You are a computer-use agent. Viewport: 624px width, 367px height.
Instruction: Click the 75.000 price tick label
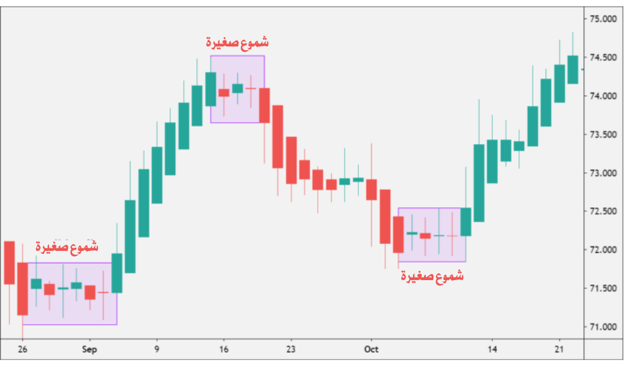pyautogui.click(x=603, y=19)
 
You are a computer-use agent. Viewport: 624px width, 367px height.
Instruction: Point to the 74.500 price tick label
pyautogui.click(x=603, y=58)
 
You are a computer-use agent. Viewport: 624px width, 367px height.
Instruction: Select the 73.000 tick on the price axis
pyautogui.click(x=603, y=173)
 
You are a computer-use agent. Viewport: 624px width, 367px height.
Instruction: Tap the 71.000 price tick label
pyautogui.click(x=603, y=327)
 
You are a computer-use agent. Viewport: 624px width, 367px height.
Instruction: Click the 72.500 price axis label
pyautogui.click(x=603, y=211)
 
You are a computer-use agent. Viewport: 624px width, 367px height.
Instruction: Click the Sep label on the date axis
pyautogui.click(x=89, y=350)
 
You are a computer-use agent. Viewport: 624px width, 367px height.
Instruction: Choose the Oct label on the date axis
pyautogui.click(x=372, y=350)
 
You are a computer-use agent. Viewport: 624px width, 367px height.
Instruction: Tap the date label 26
pyautogui.click(x=23, y=350)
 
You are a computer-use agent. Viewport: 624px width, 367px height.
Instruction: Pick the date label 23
pyautogui.click(x=291, y=350)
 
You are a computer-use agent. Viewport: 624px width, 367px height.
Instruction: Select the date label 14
pyautogui.click(x=492, y=350)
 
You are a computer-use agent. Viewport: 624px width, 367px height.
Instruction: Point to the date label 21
pyautogui.click(x=559, y=350)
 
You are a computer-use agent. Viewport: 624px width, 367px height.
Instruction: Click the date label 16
pyautogui.click(x=224, y=350)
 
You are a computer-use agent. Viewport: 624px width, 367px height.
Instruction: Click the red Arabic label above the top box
pyautogui.click(x=237, y=42)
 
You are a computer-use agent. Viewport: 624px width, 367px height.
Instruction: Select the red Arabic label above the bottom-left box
pyautogui.click(x=67, y=246)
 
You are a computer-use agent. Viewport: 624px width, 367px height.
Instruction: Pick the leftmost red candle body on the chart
pyautogui.click(x=9, y=262)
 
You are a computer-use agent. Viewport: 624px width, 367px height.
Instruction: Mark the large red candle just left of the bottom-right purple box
pyautogui.click(x=385, y=216)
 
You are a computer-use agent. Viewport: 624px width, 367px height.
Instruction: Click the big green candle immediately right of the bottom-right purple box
pyautogui.click(x=479, y=183)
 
